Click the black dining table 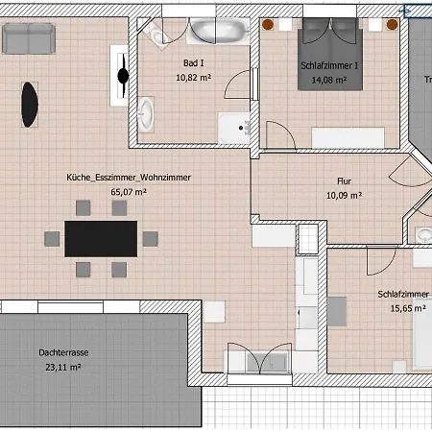click(102, 237)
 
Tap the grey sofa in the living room click(28, 39)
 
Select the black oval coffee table click(30, 103)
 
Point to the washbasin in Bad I click(145, 116)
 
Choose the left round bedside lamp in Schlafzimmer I click(269, 24)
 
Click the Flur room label click(344, 180)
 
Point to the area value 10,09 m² click(344, 195)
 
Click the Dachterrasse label click(60, 352)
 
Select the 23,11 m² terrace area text click(60, 367)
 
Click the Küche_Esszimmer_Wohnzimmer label click(129, 179)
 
